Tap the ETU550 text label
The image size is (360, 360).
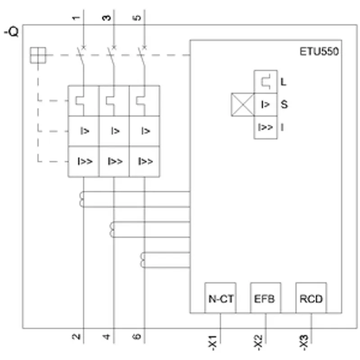pyautogui.click(x=319, y=51)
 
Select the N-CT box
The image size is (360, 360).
pyautogui.click(x=220, y=298)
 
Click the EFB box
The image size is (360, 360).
pyautogui.click(x=265, y=298)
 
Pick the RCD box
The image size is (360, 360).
pyautogui.click(x=311, y=298)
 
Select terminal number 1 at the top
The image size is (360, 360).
pyautogui.click(x=76, y=18)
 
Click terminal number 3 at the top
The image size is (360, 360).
pyautogui.click(x=107, y=18)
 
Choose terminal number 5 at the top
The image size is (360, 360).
pyautogui.click(x=137, y=18)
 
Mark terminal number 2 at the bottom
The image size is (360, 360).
pyautogui.click(x=76, y=337)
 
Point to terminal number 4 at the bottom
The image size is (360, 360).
pyautogui.click(x=107, y=337)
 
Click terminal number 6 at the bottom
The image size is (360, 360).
pyautogui.click(x=137, y=337)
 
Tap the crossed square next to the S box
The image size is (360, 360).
pyautogui.click(x=243, y=105)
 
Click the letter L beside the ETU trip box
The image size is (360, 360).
pyautogui.click(x=283, y=82)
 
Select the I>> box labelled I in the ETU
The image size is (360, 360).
pyautogui.click(x=265, y=127)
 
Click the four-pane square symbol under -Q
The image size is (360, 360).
pyautogui.click(x=38, y=55)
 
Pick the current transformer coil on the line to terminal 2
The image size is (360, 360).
pyautogui.click(x=81, y=199)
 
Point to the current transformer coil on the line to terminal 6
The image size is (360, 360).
pyautogui.click(x=143, y=260)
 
